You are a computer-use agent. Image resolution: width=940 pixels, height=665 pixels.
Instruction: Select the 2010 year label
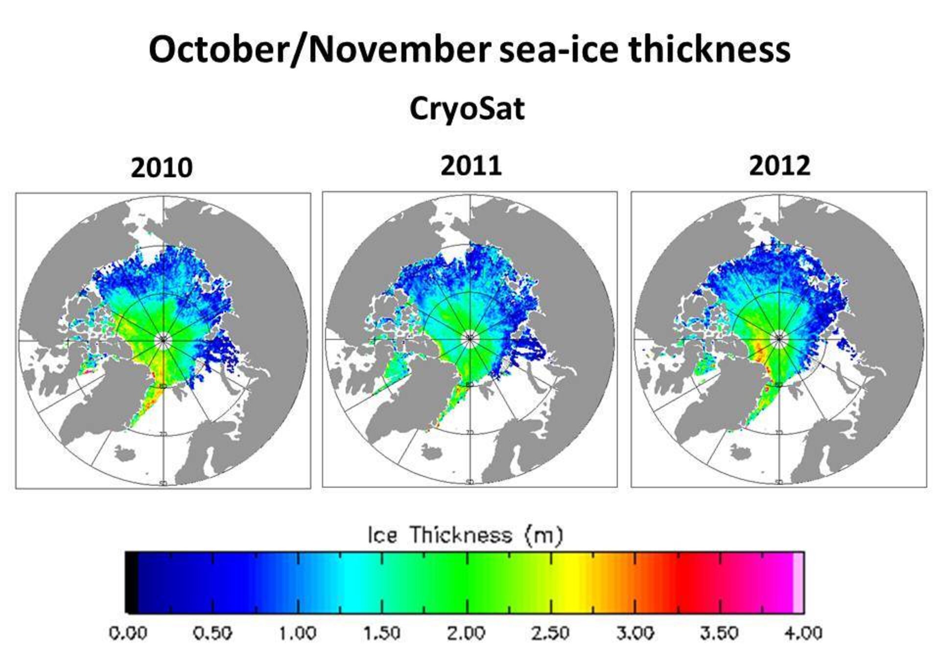(x=162, y=168)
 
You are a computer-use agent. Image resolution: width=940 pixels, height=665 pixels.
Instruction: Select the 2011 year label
(x=471, y=166)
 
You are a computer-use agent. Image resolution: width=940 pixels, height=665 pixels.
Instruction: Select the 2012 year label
(x=779, y=166)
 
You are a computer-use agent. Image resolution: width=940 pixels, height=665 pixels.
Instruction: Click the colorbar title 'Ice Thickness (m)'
(x=465, y=535)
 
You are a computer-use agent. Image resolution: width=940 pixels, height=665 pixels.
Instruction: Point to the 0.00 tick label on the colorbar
(x=128, y=633)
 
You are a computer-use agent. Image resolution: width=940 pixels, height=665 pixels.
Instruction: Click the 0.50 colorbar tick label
(x=212, y=633)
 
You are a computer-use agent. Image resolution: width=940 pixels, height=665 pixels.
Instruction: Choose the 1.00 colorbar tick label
(x=297, y=633)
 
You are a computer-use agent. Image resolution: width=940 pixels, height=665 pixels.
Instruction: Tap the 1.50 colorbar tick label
(x=381, y=633)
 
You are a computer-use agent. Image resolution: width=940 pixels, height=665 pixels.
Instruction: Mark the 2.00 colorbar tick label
(x=466, y=633)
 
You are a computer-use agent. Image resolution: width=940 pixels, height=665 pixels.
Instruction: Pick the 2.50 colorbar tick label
(x=551, y=633)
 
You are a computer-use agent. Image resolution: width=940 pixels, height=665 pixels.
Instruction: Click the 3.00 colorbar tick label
(x=635, y=633)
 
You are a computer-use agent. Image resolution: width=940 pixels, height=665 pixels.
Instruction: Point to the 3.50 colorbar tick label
(x=720, y=633)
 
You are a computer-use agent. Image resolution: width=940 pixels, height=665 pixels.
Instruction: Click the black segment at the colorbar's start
(x=131, y=582)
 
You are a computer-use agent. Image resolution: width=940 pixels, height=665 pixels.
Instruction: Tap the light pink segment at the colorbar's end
(x=798, y=582)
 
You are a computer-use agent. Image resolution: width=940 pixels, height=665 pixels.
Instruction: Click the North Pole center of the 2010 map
(x=163, y=339)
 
